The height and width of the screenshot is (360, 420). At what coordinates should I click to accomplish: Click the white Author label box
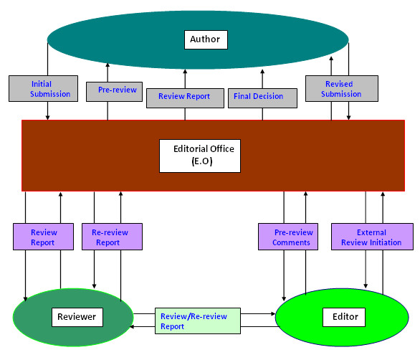coord(206,39)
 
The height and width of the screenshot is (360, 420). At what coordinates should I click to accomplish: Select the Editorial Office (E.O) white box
coord(200,156)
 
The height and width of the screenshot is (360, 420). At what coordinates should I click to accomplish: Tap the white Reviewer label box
coord(77,317)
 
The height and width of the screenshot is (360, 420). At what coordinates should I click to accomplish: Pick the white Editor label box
coord(344,317)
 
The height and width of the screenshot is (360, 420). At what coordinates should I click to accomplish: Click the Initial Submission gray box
coord(44,88)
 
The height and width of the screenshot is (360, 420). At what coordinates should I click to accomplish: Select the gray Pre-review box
coord(114,92)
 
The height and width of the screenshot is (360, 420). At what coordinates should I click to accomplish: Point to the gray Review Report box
coord(185,98)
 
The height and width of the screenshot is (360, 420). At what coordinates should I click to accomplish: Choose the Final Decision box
coord(262,98)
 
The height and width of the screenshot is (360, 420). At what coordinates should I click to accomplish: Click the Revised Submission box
coord(342,88)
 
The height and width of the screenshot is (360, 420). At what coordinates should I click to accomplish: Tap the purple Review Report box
coord(44,237)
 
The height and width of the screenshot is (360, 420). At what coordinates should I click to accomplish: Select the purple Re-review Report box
coord(112,237)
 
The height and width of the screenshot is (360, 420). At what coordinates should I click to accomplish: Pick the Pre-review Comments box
coord(288,237)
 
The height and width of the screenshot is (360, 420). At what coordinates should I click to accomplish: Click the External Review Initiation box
coord(372,237)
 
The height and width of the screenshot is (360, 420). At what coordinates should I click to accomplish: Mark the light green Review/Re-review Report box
coord(198,321)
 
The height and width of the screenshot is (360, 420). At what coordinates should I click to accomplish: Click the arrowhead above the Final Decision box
coord(262,72)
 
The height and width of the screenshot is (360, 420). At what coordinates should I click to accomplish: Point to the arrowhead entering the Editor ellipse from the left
coord(273,313)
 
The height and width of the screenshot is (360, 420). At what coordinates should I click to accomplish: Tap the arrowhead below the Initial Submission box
coord(48,118)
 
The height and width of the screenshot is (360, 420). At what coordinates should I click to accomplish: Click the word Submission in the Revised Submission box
coord(341,94)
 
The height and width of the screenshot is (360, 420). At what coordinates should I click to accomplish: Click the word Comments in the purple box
coord(291,242)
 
